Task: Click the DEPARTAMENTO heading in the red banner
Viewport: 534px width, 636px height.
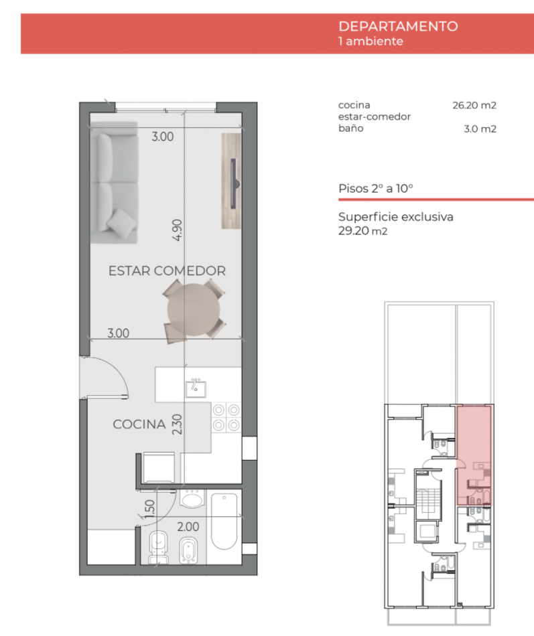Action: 398,27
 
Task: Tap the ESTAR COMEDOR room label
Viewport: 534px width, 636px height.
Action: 167,271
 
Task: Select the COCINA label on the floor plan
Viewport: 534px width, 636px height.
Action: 139,424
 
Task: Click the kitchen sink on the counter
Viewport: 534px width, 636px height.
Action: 196,387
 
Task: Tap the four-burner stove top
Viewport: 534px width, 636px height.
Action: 226,416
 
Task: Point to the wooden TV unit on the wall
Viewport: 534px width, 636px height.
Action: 231,181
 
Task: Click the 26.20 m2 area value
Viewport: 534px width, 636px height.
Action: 474,105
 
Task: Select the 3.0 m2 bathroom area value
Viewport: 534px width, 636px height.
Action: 480,129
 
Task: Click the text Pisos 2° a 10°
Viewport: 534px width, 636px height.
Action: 376,189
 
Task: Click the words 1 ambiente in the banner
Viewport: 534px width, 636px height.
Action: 371,41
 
